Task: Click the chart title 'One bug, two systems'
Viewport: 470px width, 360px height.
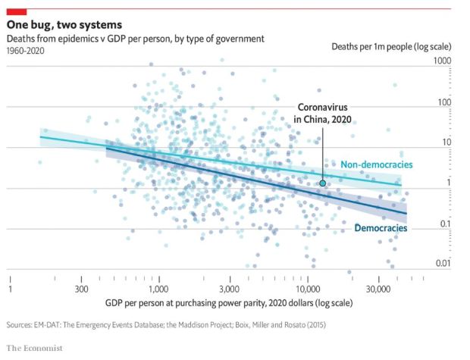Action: (60, 24)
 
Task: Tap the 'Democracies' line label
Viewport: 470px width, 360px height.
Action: (381, 228)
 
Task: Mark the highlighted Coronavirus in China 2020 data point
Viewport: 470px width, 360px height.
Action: (323, 183)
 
